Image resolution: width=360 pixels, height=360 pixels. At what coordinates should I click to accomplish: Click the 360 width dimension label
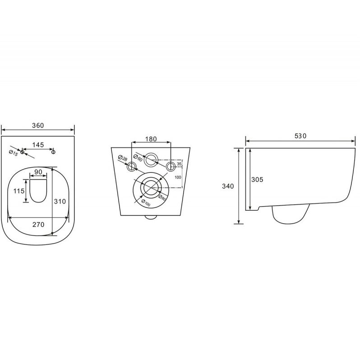coord(38,125)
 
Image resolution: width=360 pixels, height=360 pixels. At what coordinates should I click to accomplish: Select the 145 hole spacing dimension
coord(38,145)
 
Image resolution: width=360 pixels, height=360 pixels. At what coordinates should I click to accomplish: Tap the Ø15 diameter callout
coord(14,153)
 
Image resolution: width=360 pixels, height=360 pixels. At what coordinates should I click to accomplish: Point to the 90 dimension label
coord(38,172)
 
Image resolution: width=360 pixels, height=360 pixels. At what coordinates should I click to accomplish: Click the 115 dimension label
coord(19,190)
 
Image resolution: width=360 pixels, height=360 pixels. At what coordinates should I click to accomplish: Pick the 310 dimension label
coord(60,201)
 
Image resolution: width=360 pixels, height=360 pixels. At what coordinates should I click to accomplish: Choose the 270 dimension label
coord(38,224)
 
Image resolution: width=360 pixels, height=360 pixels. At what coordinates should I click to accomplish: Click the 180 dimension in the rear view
coord(151,139)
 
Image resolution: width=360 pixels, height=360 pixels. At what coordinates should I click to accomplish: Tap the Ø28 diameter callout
coord(123,158)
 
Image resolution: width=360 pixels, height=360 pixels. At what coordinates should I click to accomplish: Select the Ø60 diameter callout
coord(138,158)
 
